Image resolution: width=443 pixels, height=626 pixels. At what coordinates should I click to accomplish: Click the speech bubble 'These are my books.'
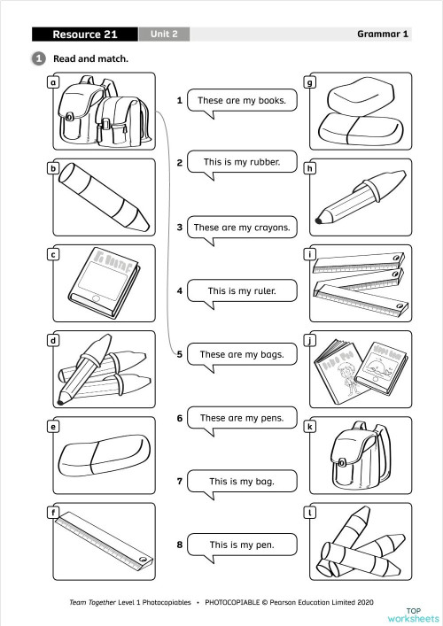242,101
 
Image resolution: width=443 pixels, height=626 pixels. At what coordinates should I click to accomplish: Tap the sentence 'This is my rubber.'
242,163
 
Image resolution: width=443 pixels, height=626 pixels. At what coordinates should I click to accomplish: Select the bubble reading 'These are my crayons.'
242,228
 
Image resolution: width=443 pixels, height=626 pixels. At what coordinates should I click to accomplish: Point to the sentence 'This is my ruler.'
242,290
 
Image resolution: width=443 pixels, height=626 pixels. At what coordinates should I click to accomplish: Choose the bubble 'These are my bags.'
242,354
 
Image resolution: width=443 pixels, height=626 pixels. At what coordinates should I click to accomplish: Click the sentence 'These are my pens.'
242,418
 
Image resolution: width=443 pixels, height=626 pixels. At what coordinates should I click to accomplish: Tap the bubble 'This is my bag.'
242,482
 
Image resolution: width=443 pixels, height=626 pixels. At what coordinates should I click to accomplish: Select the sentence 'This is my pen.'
242,545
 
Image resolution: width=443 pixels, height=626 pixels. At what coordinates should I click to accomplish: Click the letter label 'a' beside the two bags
53,82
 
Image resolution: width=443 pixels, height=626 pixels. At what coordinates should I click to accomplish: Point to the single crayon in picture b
101,197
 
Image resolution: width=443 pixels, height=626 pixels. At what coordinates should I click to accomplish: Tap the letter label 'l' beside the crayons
310,512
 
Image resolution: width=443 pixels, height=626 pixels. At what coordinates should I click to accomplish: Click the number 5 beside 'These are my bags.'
180,354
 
